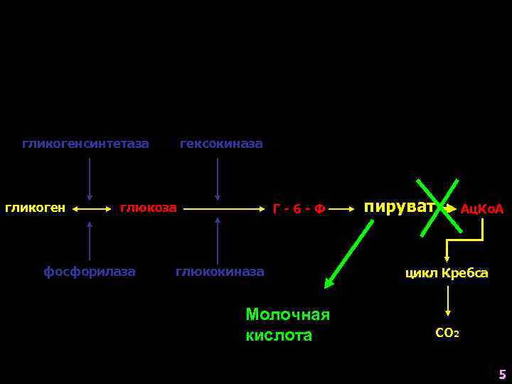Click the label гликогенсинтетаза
click(x=85, y=144)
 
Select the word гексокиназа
click(x=221, y=144)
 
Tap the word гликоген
click(x=36, y=208)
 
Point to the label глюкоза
click(x=148, y=208)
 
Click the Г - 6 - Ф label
click(x=299, y=209)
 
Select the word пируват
click(x=399, y=207)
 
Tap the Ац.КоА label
click(x=481, y=209)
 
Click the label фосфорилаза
click(x=90, y=272)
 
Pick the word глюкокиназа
click(x=220, y=272)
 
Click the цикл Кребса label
click(x=447, y=272)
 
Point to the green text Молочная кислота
click(x=287, y=324)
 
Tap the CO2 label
click(x=447, y=332)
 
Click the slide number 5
click(x=502, y=374)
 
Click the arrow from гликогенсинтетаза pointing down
click(x=90, y=179)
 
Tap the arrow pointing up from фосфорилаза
click(x=90, y=240)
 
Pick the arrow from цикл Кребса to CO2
click(x=447, y=302)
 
